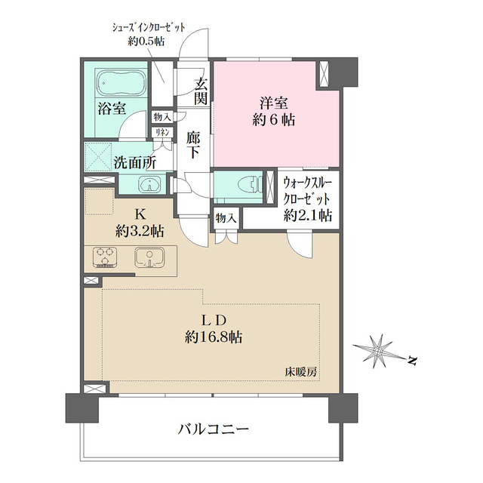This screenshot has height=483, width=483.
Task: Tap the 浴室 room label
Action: click(111, 109)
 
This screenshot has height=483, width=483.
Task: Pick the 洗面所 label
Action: click(135, 162)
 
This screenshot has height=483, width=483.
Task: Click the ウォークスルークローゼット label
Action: click(307, 198)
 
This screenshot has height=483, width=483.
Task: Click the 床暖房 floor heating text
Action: click(300, 372)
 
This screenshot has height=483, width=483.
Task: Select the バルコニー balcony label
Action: click(213, 430)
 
